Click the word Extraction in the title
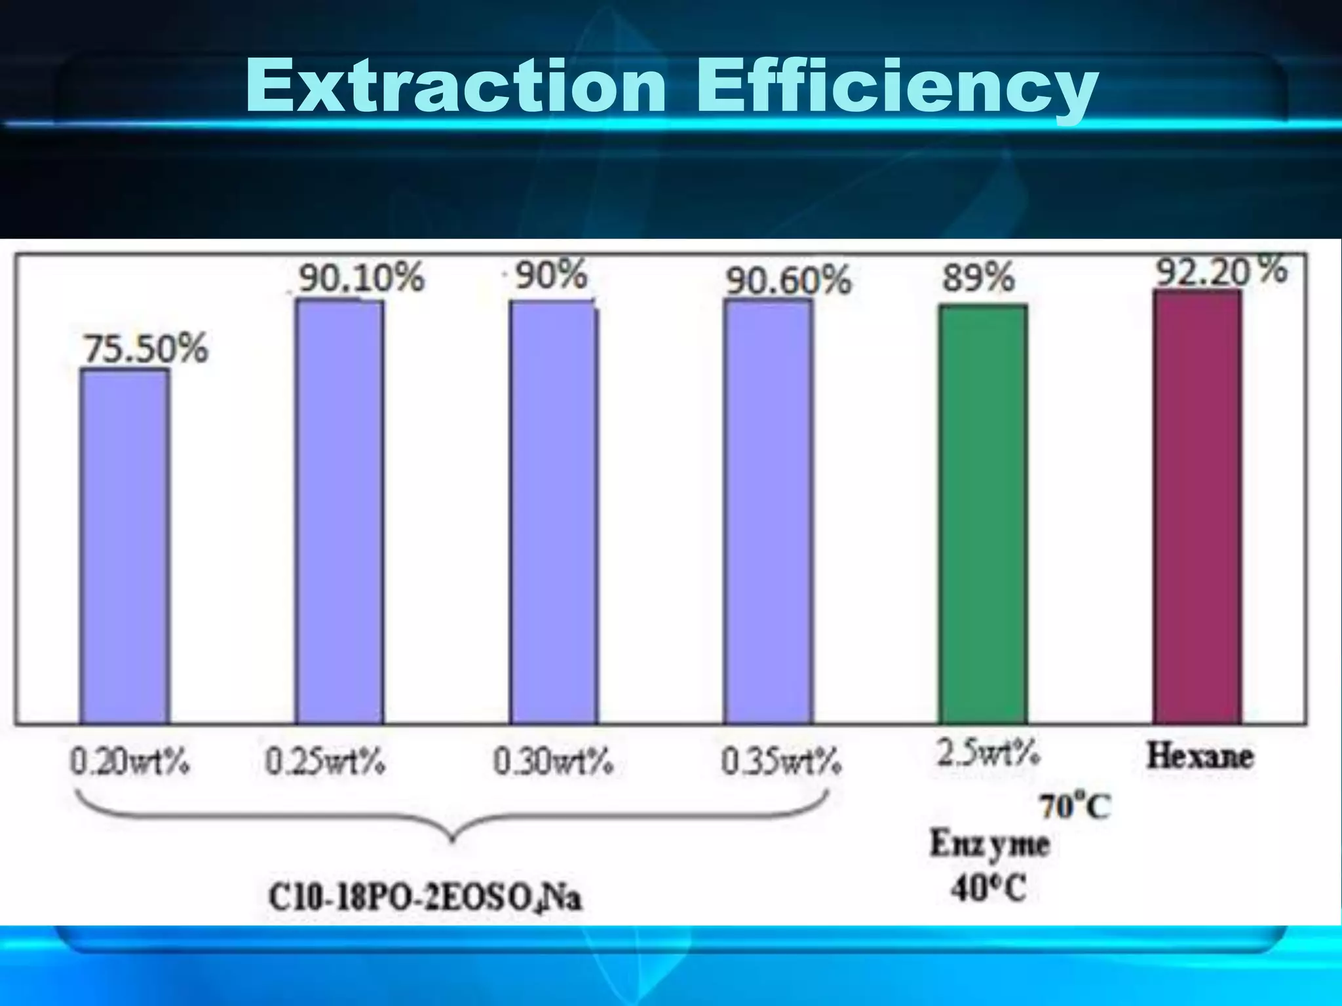tap(455, 86)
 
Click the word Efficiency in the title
tap(895, 88)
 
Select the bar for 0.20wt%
tap(125, 546)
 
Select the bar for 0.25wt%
tap(339, 511)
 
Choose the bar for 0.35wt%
tap(768, 511)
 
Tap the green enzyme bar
tap(983, 514)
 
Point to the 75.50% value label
tap(145, 348)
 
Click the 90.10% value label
tap(362, 278)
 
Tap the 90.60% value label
tap(788, 281)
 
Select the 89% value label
tap(978, 277)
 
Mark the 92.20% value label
tap(1221, 270)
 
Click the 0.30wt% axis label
tap(553, 762)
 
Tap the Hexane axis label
tap(1200, 756)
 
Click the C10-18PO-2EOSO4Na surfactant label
tap(425, 897)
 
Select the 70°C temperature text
tap(1075, 806)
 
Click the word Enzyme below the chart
tap(989, 845)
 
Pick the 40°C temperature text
tap(988, 889)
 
